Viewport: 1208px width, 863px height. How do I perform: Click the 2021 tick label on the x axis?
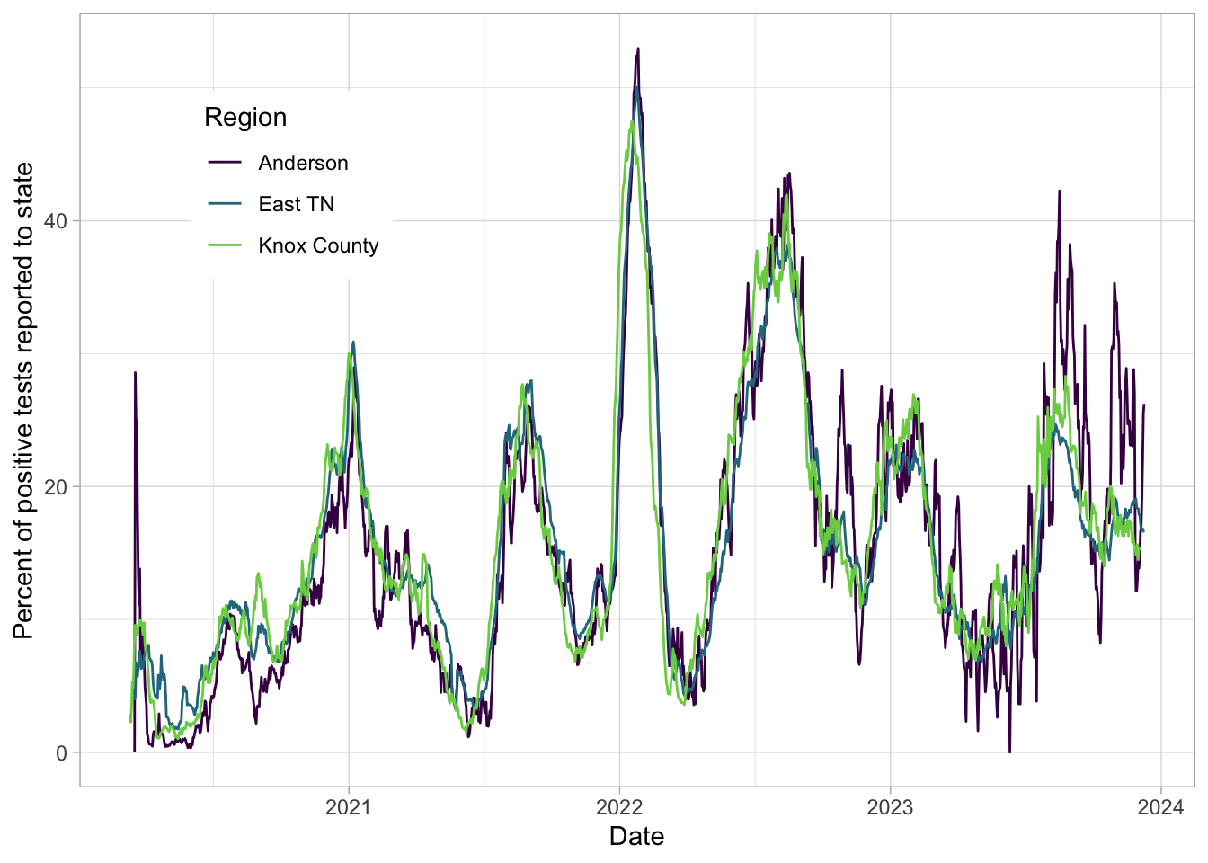(x=348, y=806)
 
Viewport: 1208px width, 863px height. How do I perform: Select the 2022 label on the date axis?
(x=618, y=806)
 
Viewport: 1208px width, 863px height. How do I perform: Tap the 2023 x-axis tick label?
(x=889, y=806)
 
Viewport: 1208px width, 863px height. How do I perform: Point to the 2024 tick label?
(x=1159, y=806)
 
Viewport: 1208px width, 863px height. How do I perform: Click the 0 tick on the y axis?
(x=61, y=753)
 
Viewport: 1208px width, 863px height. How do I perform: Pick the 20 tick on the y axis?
(x=56, y=487)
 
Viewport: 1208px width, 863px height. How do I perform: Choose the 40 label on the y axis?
(x=56, y=221)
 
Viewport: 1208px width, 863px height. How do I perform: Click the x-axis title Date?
(x=636, y=836)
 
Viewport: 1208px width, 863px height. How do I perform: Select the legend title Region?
(x=245, y=117)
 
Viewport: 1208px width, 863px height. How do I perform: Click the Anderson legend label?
(x=303, y=163)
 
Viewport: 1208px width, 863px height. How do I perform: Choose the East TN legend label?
(x=296, y=204)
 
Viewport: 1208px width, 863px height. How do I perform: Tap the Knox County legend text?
(x=318, y=245)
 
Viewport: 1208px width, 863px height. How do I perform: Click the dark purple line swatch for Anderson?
(x=225, y=163)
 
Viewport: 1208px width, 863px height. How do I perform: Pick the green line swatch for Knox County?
(x=225, y=245)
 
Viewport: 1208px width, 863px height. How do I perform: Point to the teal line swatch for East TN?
(x=225, y=204)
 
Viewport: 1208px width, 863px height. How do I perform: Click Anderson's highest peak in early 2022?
(x=638, y=49)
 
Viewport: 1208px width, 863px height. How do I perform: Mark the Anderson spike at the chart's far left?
(x=136, y=373)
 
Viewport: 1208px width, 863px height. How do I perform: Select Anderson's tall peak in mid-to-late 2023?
(x=1059, y=191)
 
